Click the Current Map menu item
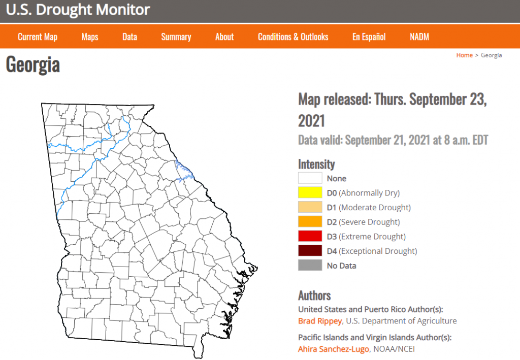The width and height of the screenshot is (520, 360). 38,37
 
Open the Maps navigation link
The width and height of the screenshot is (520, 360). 90,37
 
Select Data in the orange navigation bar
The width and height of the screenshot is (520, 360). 130,37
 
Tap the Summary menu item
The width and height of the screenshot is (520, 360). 176,37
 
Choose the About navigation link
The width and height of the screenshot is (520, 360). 224,37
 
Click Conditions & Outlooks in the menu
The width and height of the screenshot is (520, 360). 293,37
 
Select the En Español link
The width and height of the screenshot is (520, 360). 369,37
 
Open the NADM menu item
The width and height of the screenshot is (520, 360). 419,37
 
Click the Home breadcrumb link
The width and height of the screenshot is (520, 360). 464,55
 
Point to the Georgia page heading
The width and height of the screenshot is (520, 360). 33,65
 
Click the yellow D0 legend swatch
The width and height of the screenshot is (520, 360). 310,193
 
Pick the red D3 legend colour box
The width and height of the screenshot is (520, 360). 310,236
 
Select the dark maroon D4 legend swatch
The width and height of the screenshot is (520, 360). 310,251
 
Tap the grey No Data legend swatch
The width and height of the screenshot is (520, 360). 310,265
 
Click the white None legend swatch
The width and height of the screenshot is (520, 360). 310,178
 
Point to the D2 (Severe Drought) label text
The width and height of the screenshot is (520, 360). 363,222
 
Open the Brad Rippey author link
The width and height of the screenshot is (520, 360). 319,321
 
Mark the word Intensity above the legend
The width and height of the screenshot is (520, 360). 316,164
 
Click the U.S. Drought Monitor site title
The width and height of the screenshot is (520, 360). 78,10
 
